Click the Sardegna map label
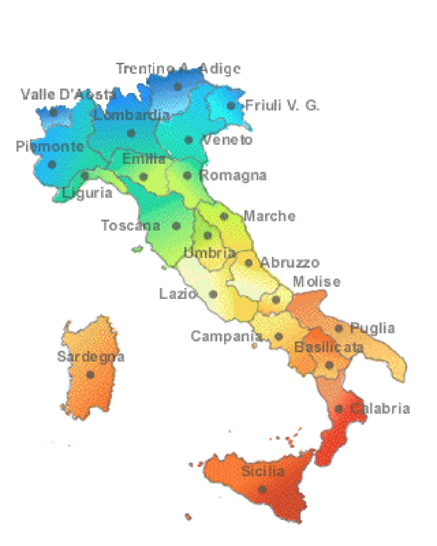[91, 356]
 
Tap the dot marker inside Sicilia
[262, 489]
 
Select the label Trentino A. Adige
[178, 68]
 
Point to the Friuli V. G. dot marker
[231, 106]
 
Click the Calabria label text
[380, 409]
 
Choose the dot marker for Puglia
[339, 329]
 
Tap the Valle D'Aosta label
[68, 94]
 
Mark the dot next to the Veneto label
[189, 140]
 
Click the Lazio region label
[177, 293]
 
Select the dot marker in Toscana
[176, 226]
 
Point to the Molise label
[317, 281]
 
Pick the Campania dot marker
[278, 337]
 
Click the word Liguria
[88, 193]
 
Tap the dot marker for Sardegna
[90, 375]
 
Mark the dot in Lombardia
[131, 133]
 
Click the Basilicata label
[329, 347]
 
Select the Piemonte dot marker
[52, 164]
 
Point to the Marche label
[269, 216]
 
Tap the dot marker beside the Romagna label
[187, 176]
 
